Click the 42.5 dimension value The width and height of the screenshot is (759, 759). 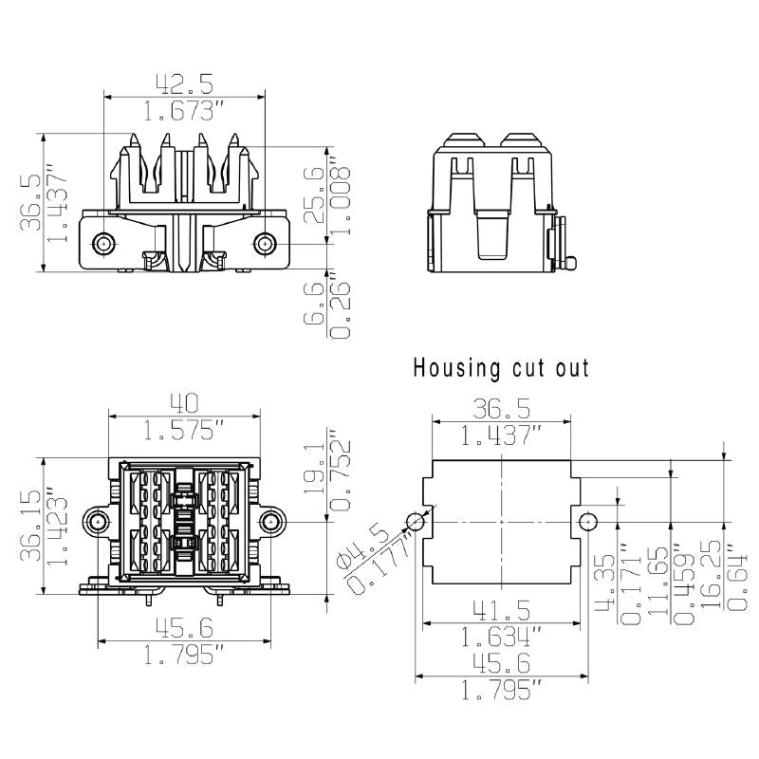pyautogui.click(x=181, y=84)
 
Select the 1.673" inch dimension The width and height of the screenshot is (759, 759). pyautogui.click(x=181, y=112)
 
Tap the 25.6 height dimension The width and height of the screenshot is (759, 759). pyautogui.click(x=312, y=194)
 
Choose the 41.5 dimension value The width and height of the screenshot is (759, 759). pyautogui.click(x=501, y=608)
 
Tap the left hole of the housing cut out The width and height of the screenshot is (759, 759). pyautogui.click(x=415, y=521)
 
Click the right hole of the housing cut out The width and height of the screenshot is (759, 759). pyautogui.click(x=587, y=521)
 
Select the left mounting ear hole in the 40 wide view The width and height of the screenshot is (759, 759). pyautogui.click(x=97, y=522)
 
